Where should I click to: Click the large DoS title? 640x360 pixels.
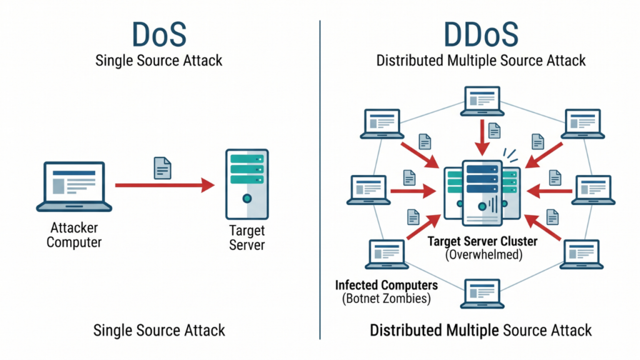pyautogui.click(x=159, y=34)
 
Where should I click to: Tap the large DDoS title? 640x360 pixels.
pyautogui.click(x=481, y=34)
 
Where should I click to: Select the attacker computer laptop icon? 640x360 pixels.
pyautogui.click(x=74, y=186)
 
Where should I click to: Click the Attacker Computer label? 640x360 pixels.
pyautogui.click(x=74, y=235)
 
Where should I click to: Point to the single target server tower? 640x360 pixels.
pyautogui.click(x=247, y=184)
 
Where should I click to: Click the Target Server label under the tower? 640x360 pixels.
pyautogui.click(x=247, y=237)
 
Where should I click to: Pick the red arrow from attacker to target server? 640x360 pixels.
pyautogui.click(x=165, y=185)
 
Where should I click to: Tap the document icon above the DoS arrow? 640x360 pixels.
pyautogui.click(x=162, y=167)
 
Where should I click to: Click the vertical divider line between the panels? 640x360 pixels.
pyautogui.click(x=320, y=179)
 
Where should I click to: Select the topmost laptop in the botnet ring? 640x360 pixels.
pyautogui.click(x=482, y=101)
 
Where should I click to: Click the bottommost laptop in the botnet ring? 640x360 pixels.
pyautogui.click(x=482, y=294)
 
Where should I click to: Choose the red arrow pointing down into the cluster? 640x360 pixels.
pyautogui.click(x=482, y=137)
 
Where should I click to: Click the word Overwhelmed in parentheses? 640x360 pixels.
pyautogui.click(x=484, y=255)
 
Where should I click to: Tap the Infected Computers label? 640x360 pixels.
pyautogui.click(x=386, y=285)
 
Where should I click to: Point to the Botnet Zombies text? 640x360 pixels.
pyautogui.click(x=386, y=298)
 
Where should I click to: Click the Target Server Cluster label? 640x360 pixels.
pyautogui.click(x=482, y=241)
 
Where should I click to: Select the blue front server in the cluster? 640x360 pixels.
pyautogui.click(x=482, y=193)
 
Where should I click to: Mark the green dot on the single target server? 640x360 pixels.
pyautogui.click(x=247, y=199)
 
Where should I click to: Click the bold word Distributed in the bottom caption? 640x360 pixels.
pyautogui.click(x=406, y=330)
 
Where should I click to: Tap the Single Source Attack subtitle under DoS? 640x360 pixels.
pyautogui.click(x=159, y=61)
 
